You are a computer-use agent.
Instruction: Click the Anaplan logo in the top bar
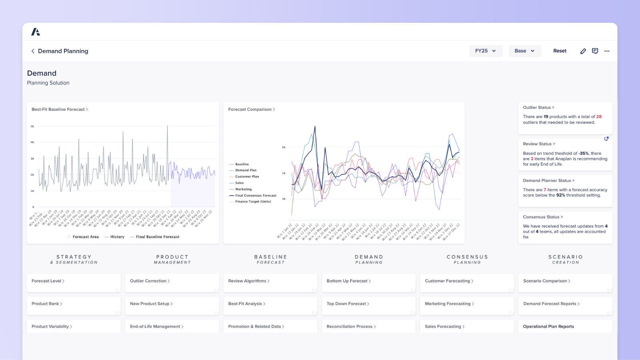[36, 32]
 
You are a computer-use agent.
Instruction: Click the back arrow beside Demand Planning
[33, 51]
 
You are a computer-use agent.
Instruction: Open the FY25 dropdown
[486, 51]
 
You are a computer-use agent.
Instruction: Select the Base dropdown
[524, 51]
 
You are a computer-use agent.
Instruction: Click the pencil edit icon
[583, 51]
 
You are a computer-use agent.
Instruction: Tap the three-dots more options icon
[607, 51]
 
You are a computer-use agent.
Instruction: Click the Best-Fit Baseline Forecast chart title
[59, 109]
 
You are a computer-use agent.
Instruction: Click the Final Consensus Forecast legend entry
[255, 196]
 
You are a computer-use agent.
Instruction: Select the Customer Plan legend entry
[246, 176]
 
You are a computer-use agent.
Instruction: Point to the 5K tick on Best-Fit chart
[32, 126]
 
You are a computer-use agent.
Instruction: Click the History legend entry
[117, 237]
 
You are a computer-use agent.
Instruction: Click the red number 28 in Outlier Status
[599, 117]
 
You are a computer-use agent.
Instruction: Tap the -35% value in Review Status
[584, 153]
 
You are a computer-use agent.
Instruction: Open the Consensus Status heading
[542, 217]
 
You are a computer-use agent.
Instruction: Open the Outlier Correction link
[148, 281]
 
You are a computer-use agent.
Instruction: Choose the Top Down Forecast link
[346, 304]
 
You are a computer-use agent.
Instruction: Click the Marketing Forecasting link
[448, 304]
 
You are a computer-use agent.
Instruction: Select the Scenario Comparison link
[545, 281]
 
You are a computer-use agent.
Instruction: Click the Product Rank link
[46, 304]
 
